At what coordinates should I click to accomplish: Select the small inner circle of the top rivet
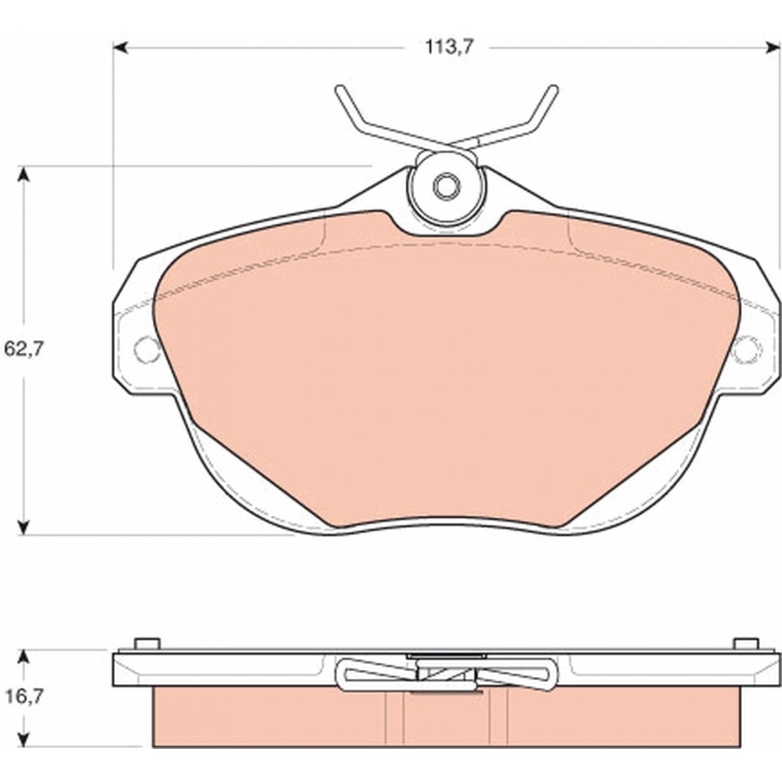(446, 187)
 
